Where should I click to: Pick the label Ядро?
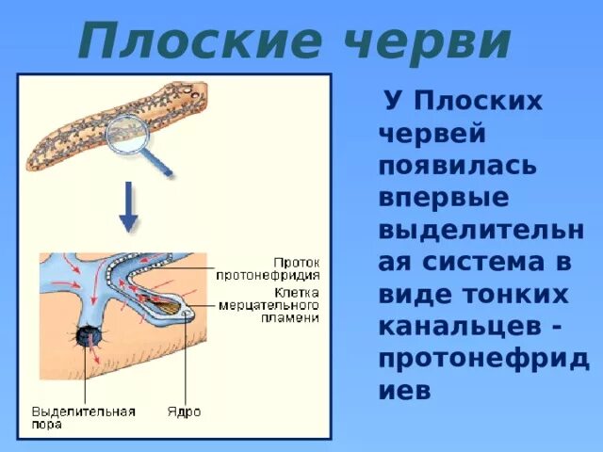pos(184,412)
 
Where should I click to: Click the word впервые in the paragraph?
pos(443,198)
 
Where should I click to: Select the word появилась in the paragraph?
pos(458,166)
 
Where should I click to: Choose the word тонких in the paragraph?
pos(513,294)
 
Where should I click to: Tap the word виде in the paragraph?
pos(416,294)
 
